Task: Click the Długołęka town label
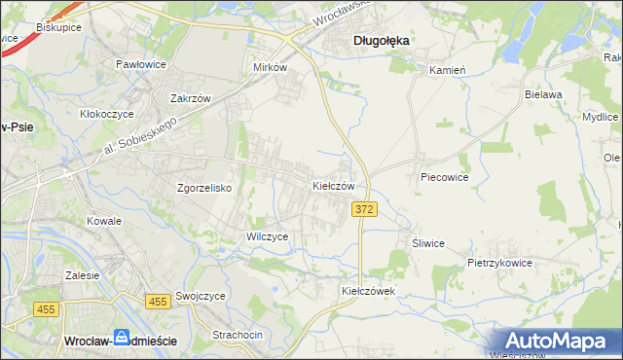pos(381,41)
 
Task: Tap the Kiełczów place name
pos(339,185)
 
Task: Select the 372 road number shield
pos(364,210)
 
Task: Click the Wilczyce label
pos(267,236)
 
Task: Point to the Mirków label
pos(270,67)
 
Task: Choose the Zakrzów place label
pos(191,99)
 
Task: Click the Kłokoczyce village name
pos(106,114)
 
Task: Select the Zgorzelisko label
pos(203,188)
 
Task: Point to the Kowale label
pos(104,221)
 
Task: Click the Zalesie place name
pos(83,275)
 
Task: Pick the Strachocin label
pos(238,335)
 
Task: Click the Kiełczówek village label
pos(368,291)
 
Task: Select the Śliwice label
pos(428,243)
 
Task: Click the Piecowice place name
pos(445,178)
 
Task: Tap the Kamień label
pos(449,70)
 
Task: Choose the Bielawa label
pos(544,94)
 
